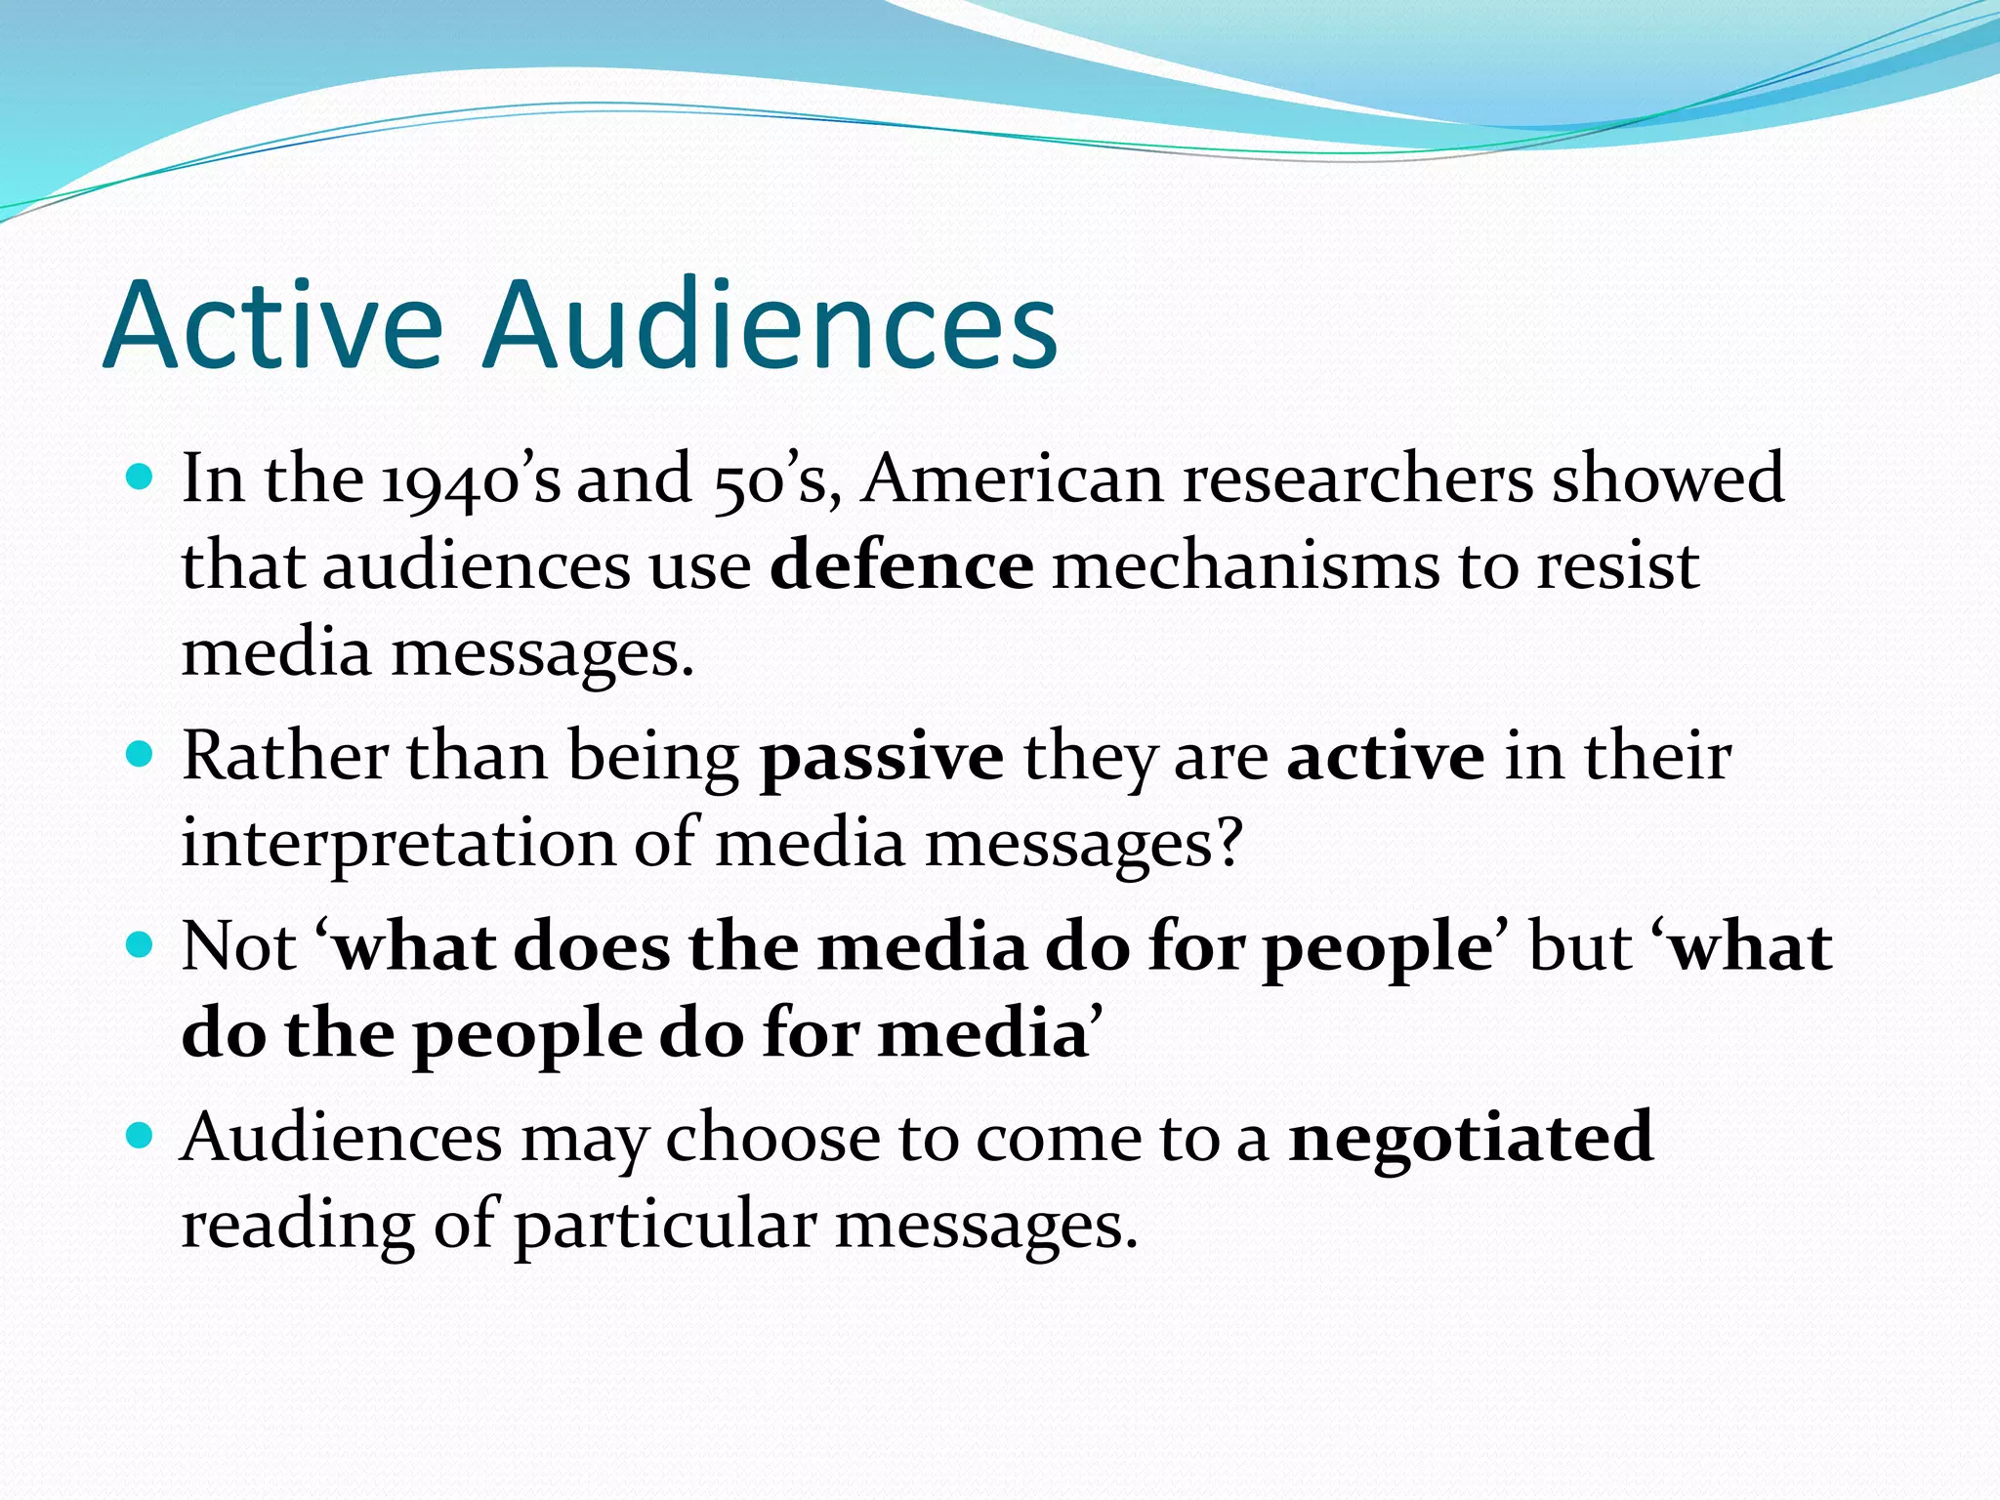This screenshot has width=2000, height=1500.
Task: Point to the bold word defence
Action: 901,566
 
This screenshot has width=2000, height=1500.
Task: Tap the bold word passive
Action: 882,759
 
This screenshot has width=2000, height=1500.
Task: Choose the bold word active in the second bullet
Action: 1386,757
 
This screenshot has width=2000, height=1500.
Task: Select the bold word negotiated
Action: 1471,1140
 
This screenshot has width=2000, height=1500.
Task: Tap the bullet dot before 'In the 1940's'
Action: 142,479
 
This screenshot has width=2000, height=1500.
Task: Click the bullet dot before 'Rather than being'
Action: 142,756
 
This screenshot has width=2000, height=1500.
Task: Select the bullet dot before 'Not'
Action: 142,946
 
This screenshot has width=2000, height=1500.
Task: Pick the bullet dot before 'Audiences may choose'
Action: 142,1137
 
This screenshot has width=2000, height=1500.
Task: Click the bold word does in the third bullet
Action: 592,946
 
